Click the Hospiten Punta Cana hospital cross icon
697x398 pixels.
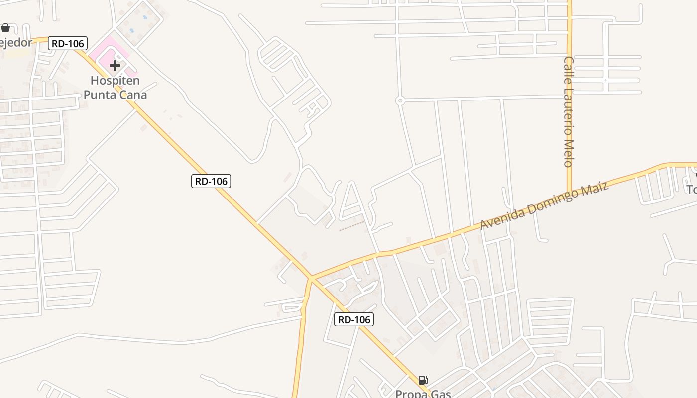[x=115, y=65]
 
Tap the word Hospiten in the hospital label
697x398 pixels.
[x=115, y=80]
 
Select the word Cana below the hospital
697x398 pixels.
[x=131, y=94]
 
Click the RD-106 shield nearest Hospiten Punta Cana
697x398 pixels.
[x=68, y=43]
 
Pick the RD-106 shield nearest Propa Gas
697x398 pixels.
[x=354, y=319]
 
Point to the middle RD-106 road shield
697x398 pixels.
[x=211, y=181]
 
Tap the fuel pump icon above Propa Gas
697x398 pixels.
[x=423, y=380]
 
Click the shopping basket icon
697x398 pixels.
[x=5, y=28]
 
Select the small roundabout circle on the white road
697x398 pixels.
[x=399, y=100]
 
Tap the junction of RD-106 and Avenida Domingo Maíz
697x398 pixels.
[x=311, y=277]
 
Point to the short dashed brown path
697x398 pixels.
[x=351, y=226]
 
